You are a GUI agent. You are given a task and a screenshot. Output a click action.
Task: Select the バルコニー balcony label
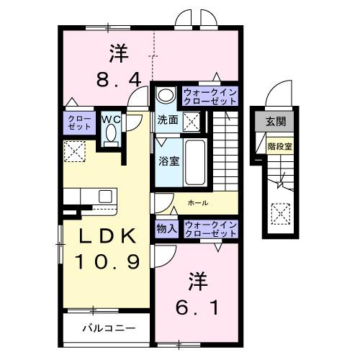pyautogui.click(x=108, y=328)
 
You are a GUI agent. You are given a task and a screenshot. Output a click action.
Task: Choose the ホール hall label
pyautogui.click(x=199, y=204)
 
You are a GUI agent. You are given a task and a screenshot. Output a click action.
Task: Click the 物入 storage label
pyautogui.click(x=166, y=228)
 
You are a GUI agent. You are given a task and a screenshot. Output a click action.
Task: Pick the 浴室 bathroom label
pyautogui.click(x=168, y=161)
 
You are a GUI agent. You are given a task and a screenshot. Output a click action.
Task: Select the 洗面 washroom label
pyautogui.click(x=168, y=121)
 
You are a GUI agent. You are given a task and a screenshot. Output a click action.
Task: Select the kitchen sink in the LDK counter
pyautogui.click(x=105, y=196)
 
